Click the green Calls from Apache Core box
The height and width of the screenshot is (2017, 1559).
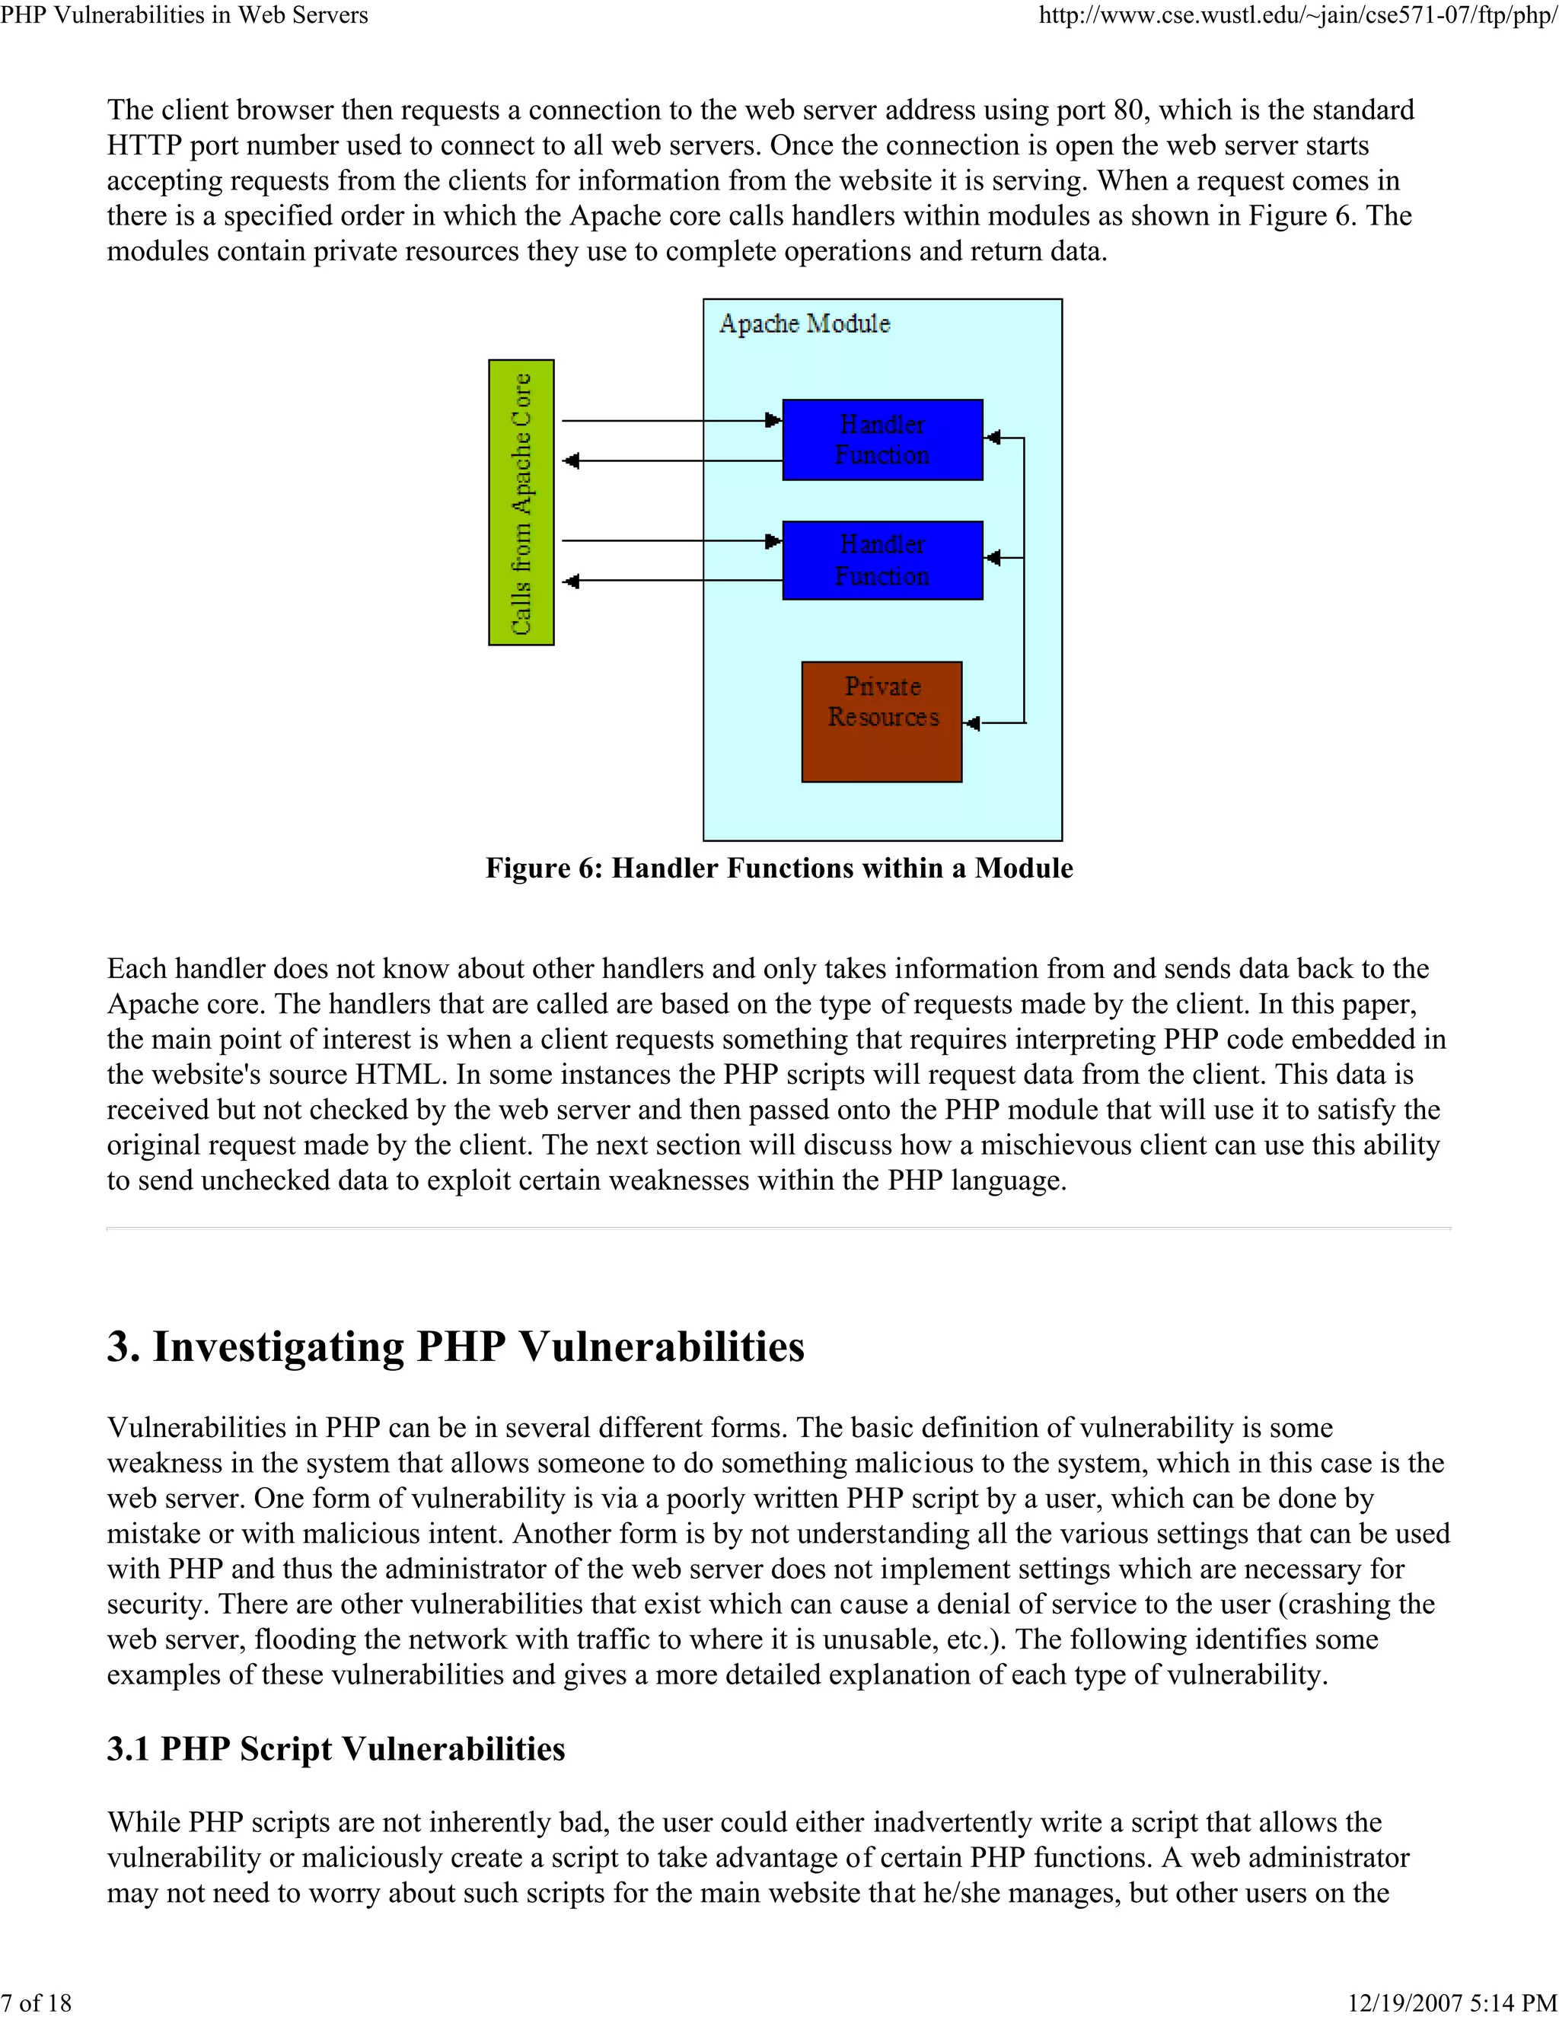tap(521, 502)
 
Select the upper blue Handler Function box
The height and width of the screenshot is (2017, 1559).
tap(882, 440)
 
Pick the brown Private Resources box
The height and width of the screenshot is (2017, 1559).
tap(881, 722)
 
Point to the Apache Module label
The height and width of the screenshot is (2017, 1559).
tap(805, 323)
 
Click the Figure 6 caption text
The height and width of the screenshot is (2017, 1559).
tap(779, 868)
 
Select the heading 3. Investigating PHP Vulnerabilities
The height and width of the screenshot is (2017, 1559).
tap(455, 1346)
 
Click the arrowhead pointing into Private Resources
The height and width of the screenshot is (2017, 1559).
tap(971, 723)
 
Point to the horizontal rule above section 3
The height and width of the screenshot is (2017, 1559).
tap(779, 1229)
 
